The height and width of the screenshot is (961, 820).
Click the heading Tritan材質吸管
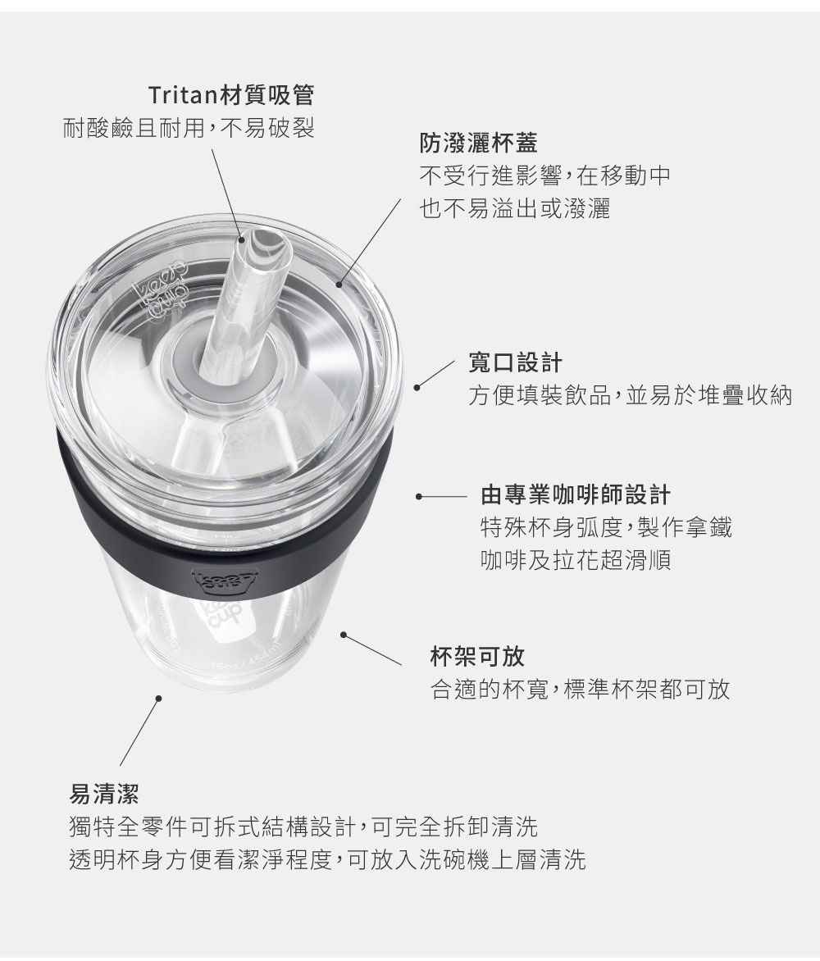(232, 95)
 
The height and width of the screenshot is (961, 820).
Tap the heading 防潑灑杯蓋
(479, 143)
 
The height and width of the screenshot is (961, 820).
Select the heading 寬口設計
(515, 362)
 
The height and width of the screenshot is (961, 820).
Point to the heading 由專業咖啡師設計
(576, 494)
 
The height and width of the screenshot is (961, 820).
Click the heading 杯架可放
(477, 657)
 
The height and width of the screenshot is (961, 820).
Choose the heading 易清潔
(104, 795)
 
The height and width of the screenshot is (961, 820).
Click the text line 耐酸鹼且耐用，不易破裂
(189, 129)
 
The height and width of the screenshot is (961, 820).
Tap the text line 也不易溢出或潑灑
(515, 209)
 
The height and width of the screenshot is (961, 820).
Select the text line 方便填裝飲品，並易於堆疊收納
(631, 395)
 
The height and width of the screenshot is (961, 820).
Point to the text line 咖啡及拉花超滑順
(576, 559)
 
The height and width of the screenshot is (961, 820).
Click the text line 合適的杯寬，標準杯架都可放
(581, 690)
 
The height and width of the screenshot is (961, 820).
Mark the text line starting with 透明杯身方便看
(327, 860)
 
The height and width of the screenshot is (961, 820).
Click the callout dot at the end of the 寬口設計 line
(417, 387)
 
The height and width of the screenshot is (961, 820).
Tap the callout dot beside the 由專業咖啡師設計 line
(419, 496)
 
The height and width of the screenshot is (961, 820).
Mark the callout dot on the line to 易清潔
(158, 698)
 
